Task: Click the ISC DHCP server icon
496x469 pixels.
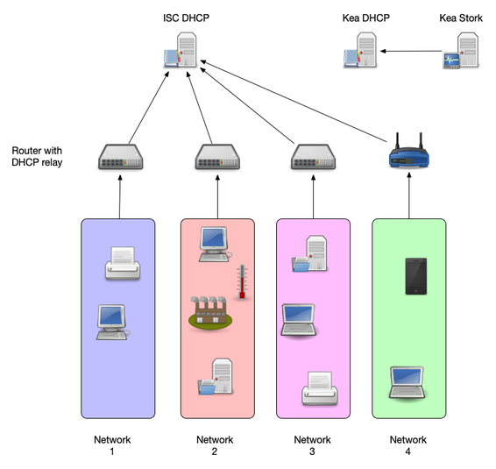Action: pyautogui.click(x=182, y=52)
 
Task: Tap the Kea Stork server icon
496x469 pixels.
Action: pyautogui.click(x=461, y=52)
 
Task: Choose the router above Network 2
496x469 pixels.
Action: pyautogui.click(x=216, y=157)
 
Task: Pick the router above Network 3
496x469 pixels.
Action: pyautogui.click(x=313, y=157)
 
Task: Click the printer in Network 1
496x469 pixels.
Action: pyautogui.click(x=121, y=262)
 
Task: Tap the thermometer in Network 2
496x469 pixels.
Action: pyautogui.click(x=242, y=282)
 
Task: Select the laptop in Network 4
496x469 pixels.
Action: pyautogui.click(x=407, y=382)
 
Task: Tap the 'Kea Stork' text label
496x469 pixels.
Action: pyautogui.click(x=460, y=17)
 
